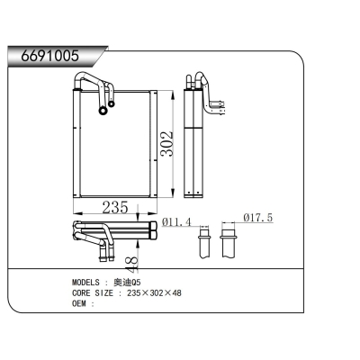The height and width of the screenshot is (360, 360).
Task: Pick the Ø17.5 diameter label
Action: point(258,219)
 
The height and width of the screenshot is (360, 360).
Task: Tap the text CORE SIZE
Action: point(94,293)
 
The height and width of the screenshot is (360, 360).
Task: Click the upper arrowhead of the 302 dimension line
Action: point(173,92)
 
